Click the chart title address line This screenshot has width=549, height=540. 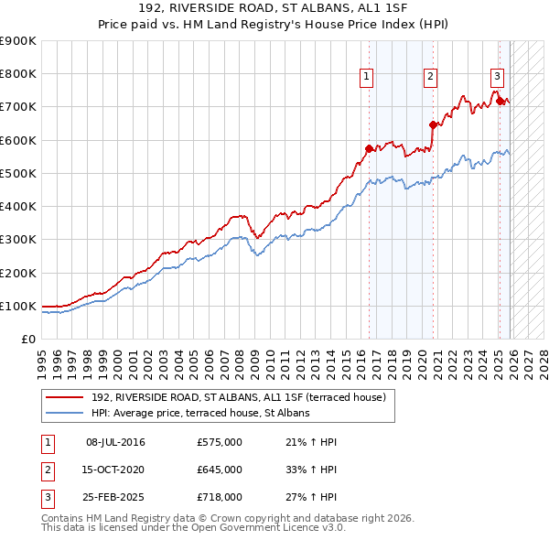coord(274,10)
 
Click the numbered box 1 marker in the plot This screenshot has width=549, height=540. coord(366,77)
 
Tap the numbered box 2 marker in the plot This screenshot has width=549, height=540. coord(429,77)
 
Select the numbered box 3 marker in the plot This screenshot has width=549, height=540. coord(496,77)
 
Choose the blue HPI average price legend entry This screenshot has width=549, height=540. coord(200,413)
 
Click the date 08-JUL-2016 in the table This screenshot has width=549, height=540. coord(115,442)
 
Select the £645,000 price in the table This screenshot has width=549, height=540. coord(220,470)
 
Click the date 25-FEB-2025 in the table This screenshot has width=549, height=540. coord(115,497)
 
